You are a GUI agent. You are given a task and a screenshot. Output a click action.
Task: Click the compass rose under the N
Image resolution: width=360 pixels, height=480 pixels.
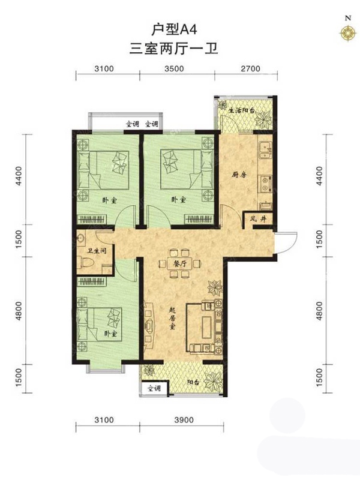(x=348, y=32)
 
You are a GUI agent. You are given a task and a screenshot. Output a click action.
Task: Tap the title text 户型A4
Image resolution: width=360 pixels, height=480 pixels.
(x=174, y=30)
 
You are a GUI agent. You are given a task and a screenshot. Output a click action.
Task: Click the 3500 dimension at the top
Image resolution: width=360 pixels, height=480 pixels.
(x=174, y=68)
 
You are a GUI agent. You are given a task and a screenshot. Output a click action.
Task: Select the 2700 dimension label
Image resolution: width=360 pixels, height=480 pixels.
(x=250, y=68)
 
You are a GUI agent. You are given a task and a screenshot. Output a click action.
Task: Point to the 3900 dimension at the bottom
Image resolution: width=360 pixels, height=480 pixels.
(x=184, y=419)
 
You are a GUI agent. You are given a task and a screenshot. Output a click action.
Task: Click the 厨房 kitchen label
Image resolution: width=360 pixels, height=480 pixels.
(x=239, y=175)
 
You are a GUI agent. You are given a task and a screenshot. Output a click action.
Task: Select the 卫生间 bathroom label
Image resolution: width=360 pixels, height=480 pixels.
(x=97, y=251)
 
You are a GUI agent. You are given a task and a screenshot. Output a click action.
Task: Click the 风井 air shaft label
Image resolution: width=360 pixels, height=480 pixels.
(x=257, y=219)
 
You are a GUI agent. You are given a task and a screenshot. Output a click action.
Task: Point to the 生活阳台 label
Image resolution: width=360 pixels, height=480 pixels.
(x=242, y=111)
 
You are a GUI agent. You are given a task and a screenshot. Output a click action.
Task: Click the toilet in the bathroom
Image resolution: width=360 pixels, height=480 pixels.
(x=88, y=263)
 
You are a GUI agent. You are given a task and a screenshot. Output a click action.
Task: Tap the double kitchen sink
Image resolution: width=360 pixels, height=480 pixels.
(x=265, y=150)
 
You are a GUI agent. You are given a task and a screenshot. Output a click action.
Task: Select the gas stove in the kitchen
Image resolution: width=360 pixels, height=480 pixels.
(x=265, y=184)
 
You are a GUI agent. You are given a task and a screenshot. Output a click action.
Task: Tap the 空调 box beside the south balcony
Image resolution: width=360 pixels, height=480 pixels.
(x=154, y=388)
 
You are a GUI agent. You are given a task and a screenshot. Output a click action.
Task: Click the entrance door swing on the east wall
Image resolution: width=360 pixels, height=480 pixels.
(x=286, y=242)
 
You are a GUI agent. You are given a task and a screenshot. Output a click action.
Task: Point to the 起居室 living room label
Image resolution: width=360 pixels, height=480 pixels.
(x=172, y=319)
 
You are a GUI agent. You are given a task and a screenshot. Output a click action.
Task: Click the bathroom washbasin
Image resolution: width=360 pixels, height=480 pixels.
(x=81, y=239)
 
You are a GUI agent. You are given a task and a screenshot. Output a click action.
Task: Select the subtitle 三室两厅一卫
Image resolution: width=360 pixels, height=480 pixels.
(x=173, y=49)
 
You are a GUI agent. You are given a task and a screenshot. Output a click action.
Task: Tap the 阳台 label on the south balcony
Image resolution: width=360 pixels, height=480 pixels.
(x=193, y=382)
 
